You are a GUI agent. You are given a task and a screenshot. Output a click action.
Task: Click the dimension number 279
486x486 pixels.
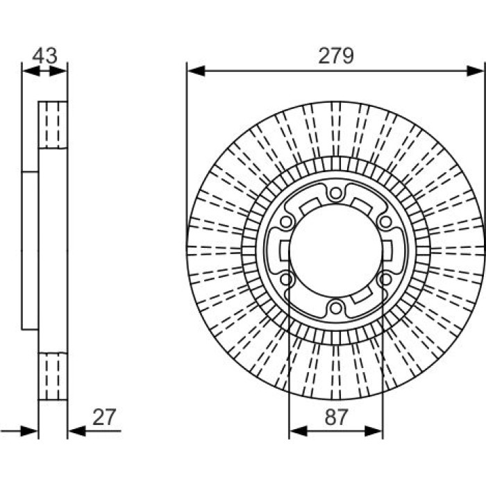point(335,56)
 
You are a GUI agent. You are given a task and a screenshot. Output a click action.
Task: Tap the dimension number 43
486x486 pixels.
point(45,56)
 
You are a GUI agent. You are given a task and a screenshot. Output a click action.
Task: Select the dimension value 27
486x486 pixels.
point(104,417)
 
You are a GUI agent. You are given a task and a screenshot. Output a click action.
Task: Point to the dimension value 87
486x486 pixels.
point(336,417)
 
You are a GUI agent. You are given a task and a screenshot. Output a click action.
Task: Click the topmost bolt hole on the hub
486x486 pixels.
point(335,194)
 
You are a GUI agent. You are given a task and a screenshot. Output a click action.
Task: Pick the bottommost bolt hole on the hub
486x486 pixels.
point(335,308)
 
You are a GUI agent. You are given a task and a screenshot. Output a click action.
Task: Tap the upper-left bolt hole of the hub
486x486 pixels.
point(286,222)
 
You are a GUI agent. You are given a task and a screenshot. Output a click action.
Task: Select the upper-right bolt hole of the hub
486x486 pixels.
point(385,222)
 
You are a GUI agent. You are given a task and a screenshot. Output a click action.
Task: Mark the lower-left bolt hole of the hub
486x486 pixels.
point(286,280)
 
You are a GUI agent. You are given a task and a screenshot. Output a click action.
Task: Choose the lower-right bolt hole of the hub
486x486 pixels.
point(385,280)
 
